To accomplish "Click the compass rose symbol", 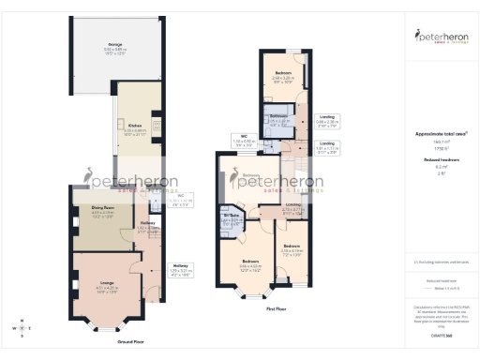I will [x=18, y=329].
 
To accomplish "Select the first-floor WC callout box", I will [x=244, y=142].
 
